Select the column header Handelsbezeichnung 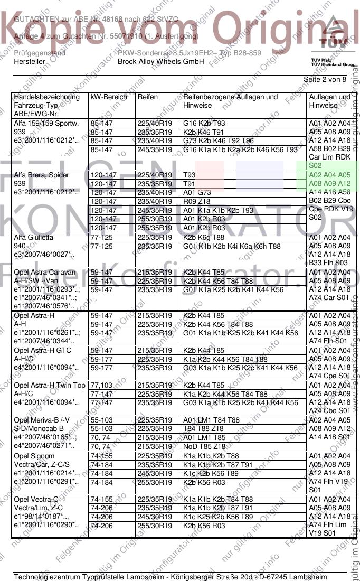tap(47, 97)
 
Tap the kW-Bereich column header tap(109, 97)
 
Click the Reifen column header tap(147, 97)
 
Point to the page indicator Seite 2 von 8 tap(325, 80)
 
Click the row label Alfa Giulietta tap(34, 238)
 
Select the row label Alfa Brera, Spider tap(42, 175)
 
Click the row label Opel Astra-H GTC tap(42, 350)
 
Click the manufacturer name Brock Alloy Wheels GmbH tap(160, 62)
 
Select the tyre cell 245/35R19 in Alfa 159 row tap(155, 149)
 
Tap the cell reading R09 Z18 tap(197, 201)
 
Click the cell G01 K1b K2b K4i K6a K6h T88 tap(232, 246)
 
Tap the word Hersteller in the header tap(30, 62)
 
